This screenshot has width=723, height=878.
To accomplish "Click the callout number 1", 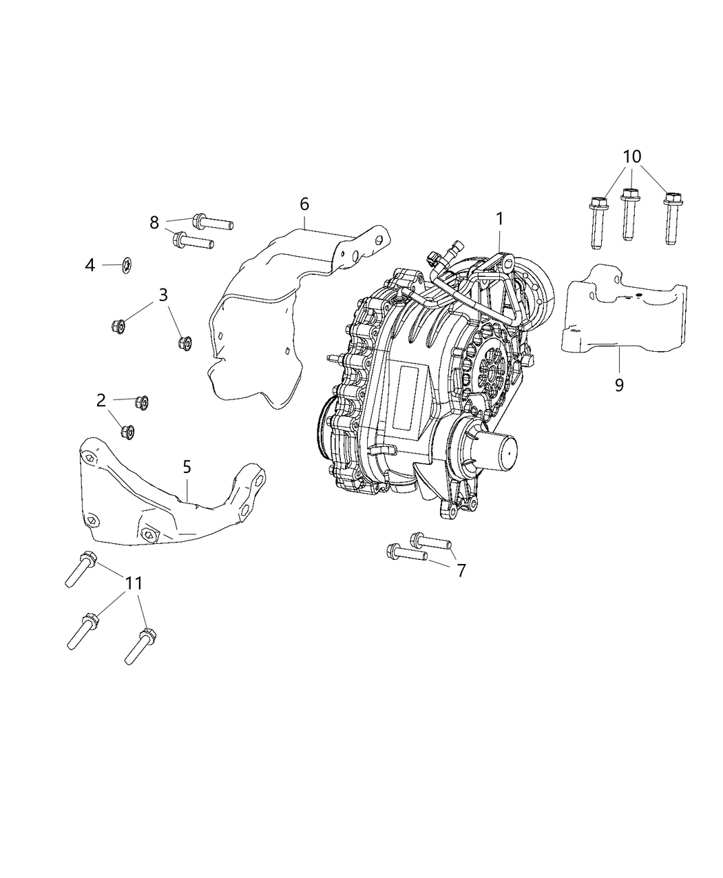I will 499,219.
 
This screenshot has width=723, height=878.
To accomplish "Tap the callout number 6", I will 304,204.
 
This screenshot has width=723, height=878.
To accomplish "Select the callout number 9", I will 618,384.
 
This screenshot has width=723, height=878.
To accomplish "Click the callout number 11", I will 134,583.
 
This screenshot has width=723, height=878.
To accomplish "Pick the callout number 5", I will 187,466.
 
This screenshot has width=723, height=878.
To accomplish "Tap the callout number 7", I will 461,569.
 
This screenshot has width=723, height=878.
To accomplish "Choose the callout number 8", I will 154,222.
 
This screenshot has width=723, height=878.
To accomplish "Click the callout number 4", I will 90,264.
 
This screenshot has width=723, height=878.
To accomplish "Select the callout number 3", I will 163,295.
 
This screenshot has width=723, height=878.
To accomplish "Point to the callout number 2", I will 101,399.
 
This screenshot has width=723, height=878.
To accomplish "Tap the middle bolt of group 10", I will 628,215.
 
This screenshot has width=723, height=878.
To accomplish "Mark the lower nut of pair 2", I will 127,432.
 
